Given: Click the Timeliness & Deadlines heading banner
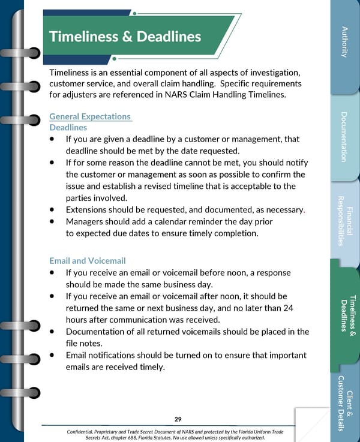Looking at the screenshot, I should tap(126, 37).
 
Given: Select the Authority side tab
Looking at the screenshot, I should tap(344, 42).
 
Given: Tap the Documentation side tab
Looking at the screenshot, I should tap(344, 137).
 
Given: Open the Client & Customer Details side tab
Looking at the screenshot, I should tap(344, 403).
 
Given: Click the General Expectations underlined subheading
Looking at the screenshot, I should tap(90, 116).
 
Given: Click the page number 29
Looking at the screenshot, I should tap(178, 419).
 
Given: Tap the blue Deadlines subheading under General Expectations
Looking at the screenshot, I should tap(68, 128).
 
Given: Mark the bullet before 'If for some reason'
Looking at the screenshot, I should tap(53, 163).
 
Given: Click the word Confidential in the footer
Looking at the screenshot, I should tap(84, 432).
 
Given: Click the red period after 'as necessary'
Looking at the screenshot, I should tap(305, 211).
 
